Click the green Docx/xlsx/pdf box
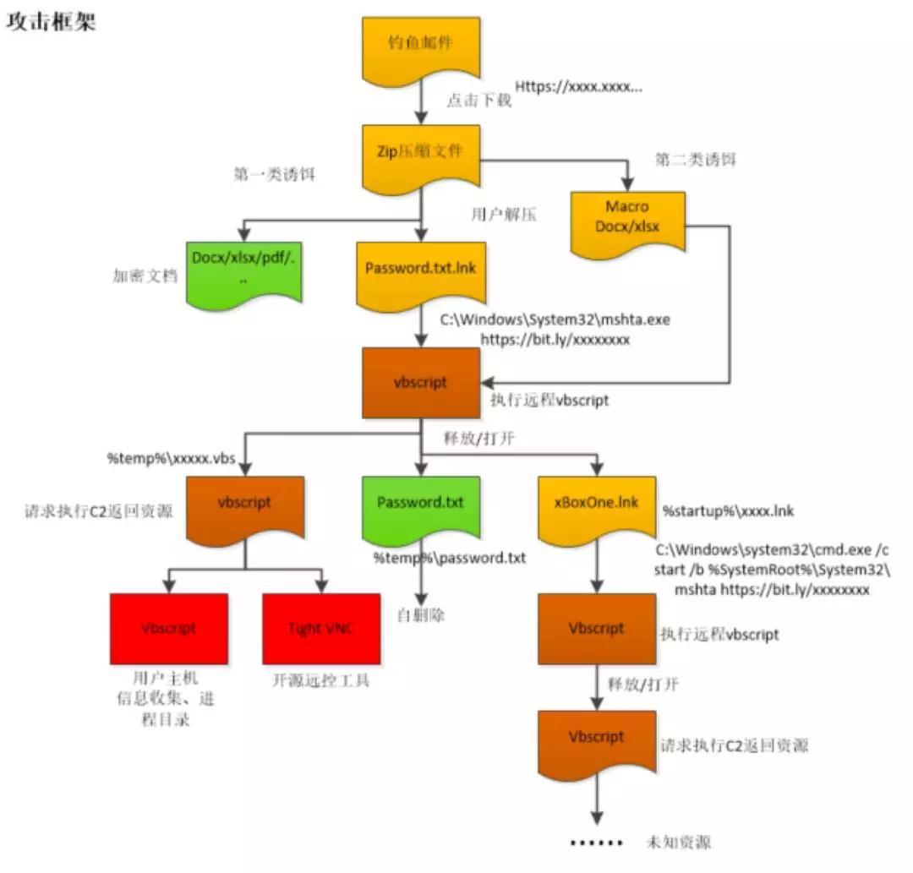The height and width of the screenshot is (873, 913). [244, 269]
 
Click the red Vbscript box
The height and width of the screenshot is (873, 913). [169, 628]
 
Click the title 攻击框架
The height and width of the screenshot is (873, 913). [52, 21]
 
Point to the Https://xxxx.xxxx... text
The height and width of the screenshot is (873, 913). [578, 87]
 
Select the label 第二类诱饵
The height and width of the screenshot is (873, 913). [695, 159]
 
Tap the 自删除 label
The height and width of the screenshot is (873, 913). [420, 615]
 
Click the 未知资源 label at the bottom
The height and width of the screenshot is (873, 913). [679, 842]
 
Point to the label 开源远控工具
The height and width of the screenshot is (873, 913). [320, 679]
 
